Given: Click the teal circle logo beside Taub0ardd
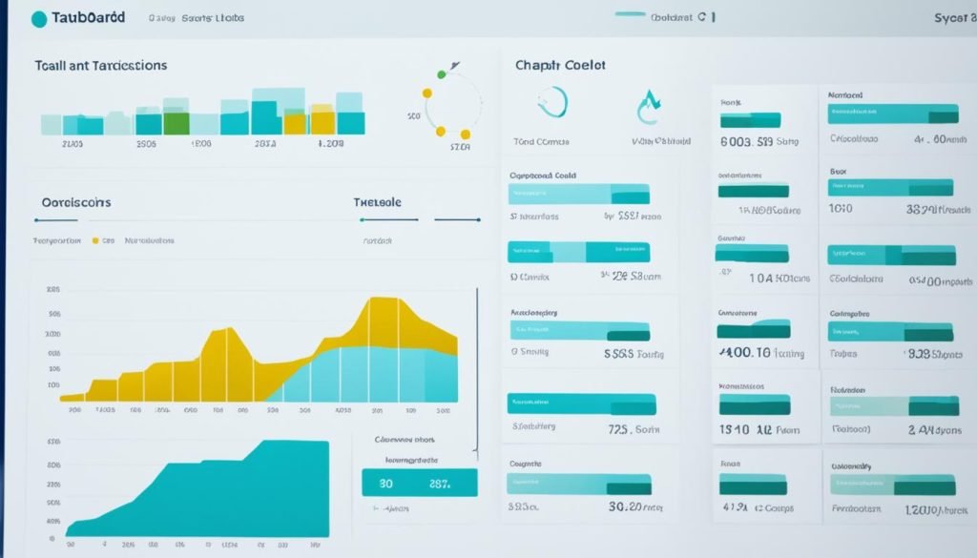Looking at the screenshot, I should coord(39,18).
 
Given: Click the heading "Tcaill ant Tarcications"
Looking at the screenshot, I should coord(101,66).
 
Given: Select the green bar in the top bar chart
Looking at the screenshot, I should coord(176,123).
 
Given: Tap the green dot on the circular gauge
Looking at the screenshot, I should coord(441,73).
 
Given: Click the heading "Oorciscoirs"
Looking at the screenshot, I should coord(76,202).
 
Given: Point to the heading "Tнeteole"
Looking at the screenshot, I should coord(378,202).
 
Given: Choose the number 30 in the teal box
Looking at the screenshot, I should coord(386,484).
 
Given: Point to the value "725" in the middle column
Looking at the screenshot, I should coord(620,429).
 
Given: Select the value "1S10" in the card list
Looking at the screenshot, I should coord(734,430).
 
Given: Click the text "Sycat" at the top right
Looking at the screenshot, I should coord(953,18).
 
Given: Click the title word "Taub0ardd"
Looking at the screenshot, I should coord(94,18).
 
